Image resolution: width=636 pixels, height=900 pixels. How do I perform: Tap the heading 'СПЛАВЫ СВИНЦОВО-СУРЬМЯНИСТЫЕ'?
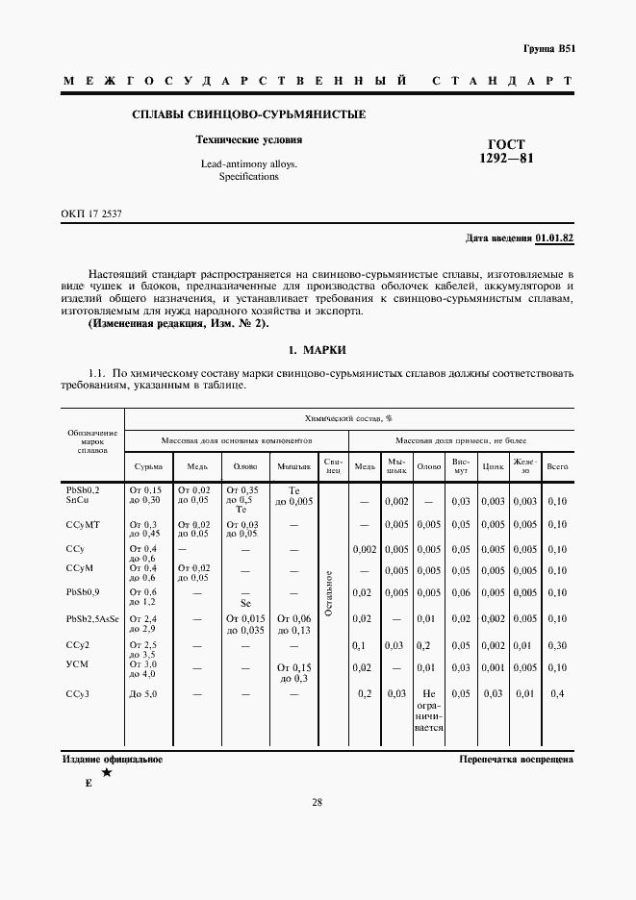(x=248, y=115)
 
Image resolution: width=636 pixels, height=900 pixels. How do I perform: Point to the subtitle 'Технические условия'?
(x=248, y=139)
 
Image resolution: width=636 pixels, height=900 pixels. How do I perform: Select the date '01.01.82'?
(x=554, y=237)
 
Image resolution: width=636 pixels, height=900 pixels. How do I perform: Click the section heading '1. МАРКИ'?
(x=317, y=349)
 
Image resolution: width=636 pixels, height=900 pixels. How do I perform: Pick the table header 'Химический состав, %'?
(x=347, y=420)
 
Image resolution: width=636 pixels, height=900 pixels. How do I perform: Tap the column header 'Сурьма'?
(x=147, y=466)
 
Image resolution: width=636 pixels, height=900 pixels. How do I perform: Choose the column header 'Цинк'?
(x=493, y=466)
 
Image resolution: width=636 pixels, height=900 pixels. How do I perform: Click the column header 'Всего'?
(x=556, y=466)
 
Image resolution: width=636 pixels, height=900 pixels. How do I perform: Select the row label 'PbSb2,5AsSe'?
(x=92, y=619)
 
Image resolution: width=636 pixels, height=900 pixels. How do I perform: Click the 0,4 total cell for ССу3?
(x=556, y=693)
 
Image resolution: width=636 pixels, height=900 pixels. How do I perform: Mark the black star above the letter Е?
(x=106, y=772)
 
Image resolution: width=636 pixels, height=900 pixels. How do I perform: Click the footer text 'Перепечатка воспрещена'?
(x=517, y=760)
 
